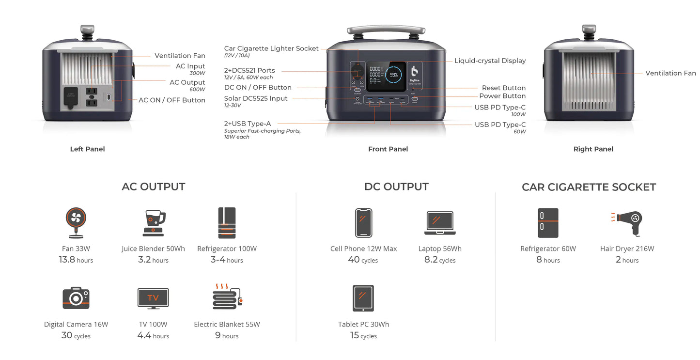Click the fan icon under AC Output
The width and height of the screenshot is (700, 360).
click(76, 222)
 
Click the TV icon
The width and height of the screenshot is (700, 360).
click(153, 298)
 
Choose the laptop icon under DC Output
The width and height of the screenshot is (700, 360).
click(440, 223)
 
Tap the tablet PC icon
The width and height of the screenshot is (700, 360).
click(363, 298)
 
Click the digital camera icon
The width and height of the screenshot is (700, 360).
click(76, 298)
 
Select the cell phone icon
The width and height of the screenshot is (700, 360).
click(363, 223)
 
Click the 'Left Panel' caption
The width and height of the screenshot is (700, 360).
click(87, 149)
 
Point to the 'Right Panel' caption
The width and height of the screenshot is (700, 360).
click(593, 149)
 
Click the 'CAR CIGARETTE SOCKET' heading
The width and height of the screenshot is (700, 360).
click(589, 187)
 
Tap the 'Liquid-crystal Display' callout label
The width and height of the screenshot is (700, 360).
click(490, 61)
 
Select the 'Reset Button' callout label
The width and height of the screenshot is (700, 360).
click(503, 88)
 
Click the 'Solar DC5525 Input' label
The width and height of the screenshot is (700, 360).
click(256, 98)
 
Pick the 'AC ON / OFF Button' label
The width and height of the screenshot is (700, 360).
click(172, 100)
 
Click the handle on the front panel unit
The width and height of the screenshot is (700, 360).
click(386, 30)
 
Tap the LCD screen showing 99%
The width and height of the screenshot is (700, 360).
click(386, 76)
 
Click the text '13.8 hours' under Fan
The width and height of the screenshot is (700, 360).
click(76, 260)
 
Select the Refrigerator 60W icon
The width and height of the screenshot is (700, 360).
click(548, 223)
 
